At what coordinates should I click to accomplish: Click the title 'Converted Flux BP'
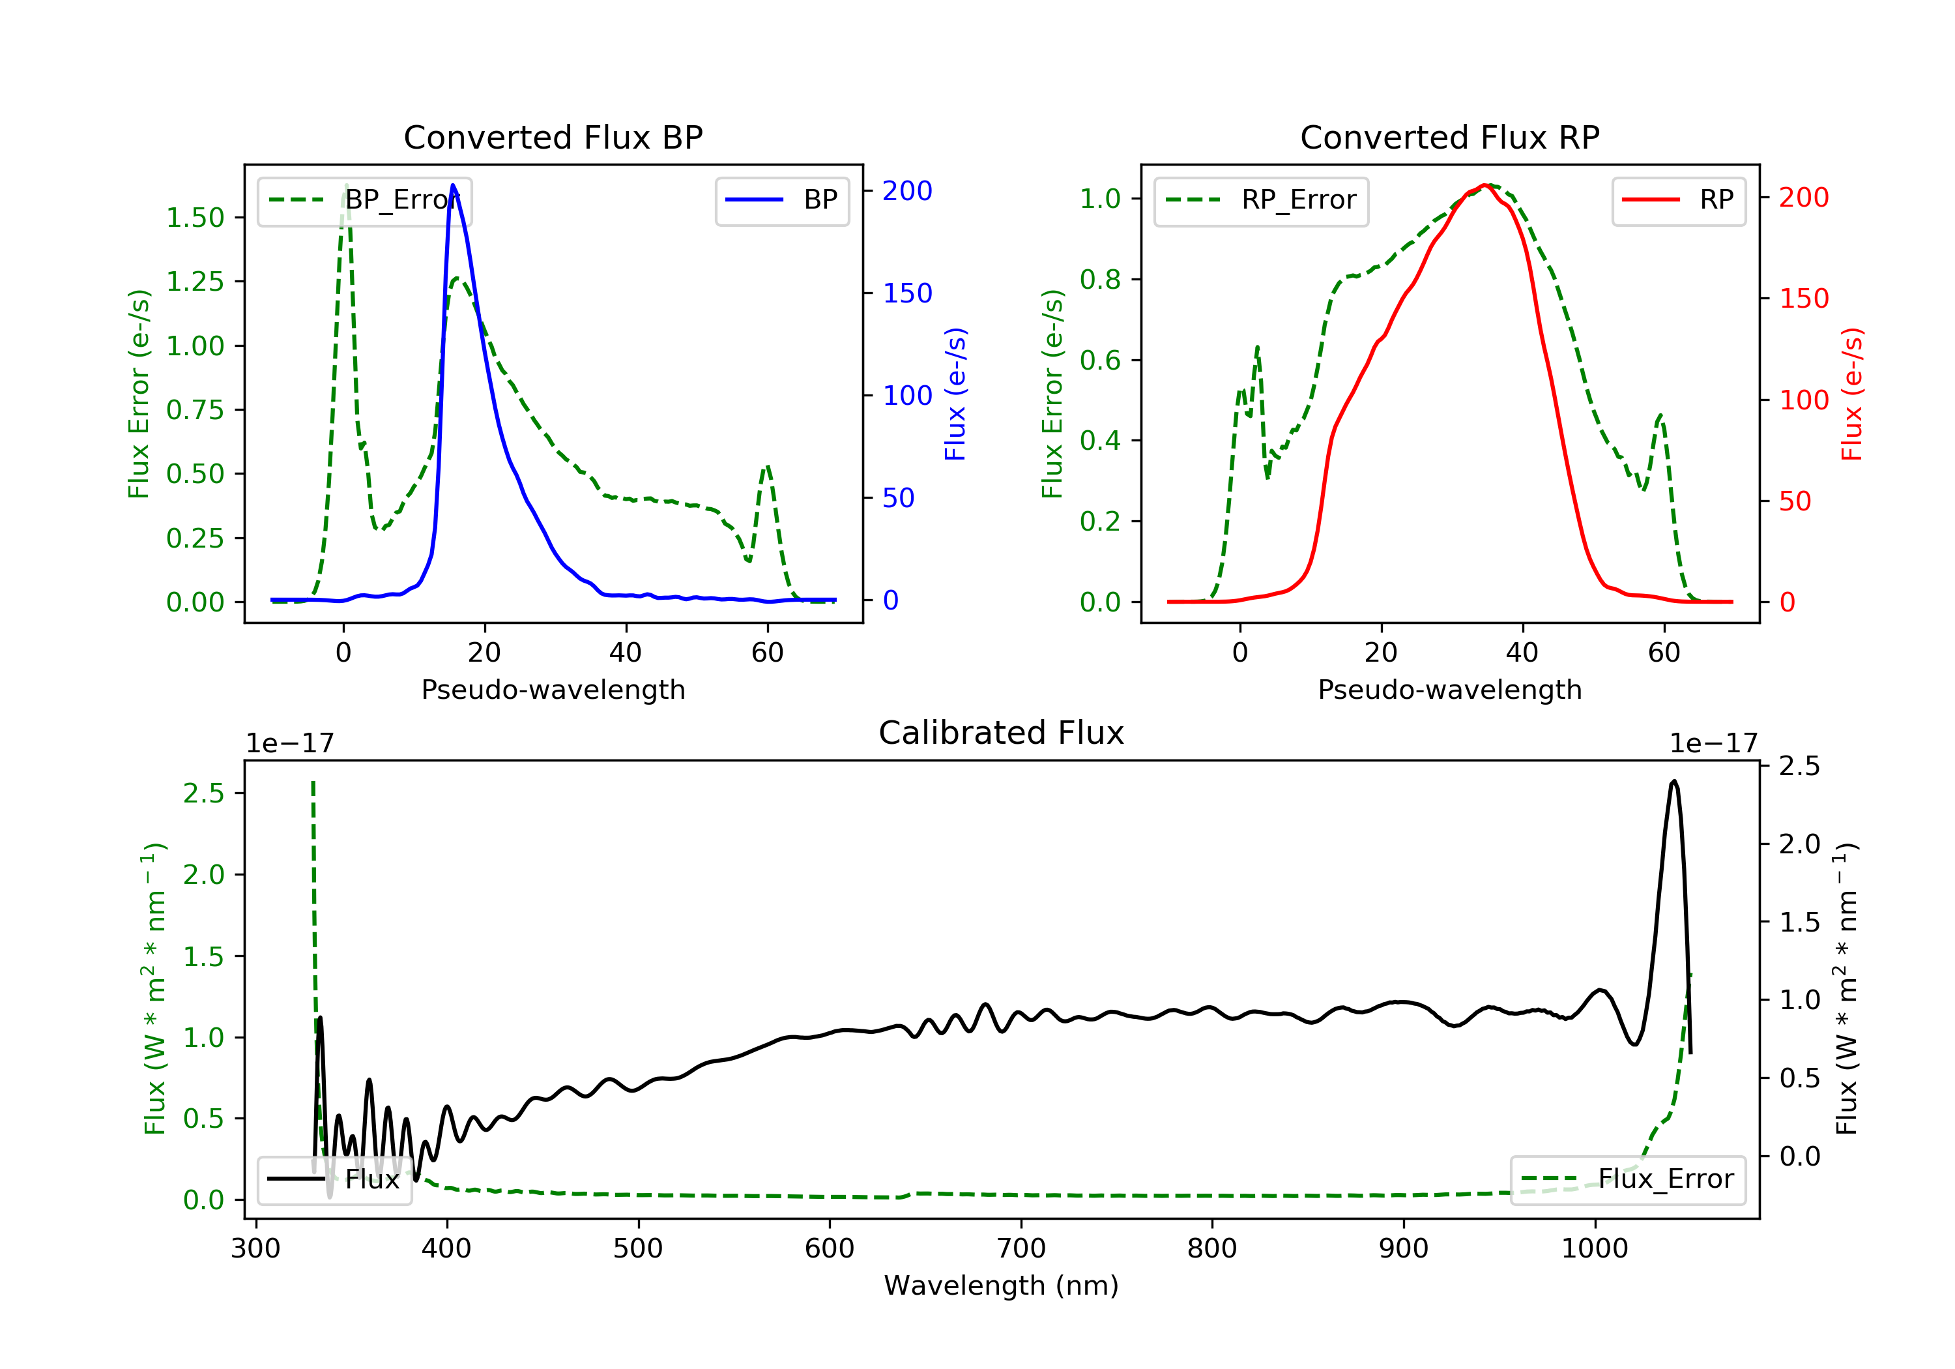coord(553,137)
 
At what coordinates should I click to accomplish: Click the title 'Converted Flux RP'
coord(1449,137)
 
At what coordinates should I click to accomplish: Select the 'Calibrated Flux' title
coord(1002,733)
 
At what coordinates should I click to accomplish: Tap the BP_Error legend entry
coord(364,200)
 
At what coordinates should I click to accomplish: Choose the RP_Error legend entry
coord(1261,200)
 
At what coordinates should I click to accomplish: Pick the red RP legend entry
coord(1678,200)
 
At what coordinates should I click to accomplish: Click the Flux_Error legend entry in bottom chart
coord(1627,1179)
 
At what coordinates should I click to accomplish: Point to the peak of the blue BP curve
coord(453,185)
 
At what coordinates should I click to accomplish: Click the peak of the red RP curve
coord(1484,185)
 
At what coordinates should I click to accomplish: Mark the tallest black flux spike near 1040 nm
coord(1674,780)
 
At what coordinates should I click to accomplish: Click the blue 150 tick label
coord(908,293)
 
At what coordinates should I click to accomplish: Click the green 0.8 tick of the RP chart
coord(1100,280)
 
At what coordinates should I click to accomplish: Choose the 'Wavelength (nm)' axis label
coord(1002,1286)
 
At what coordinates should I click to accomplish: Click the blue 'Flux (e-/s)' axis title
coord(955,394)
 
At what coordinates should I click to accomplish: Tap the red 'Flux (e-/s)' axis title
coord(1852,394)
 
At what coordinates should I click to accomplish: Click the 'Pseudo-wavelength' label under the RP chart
coord(1449,689)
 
